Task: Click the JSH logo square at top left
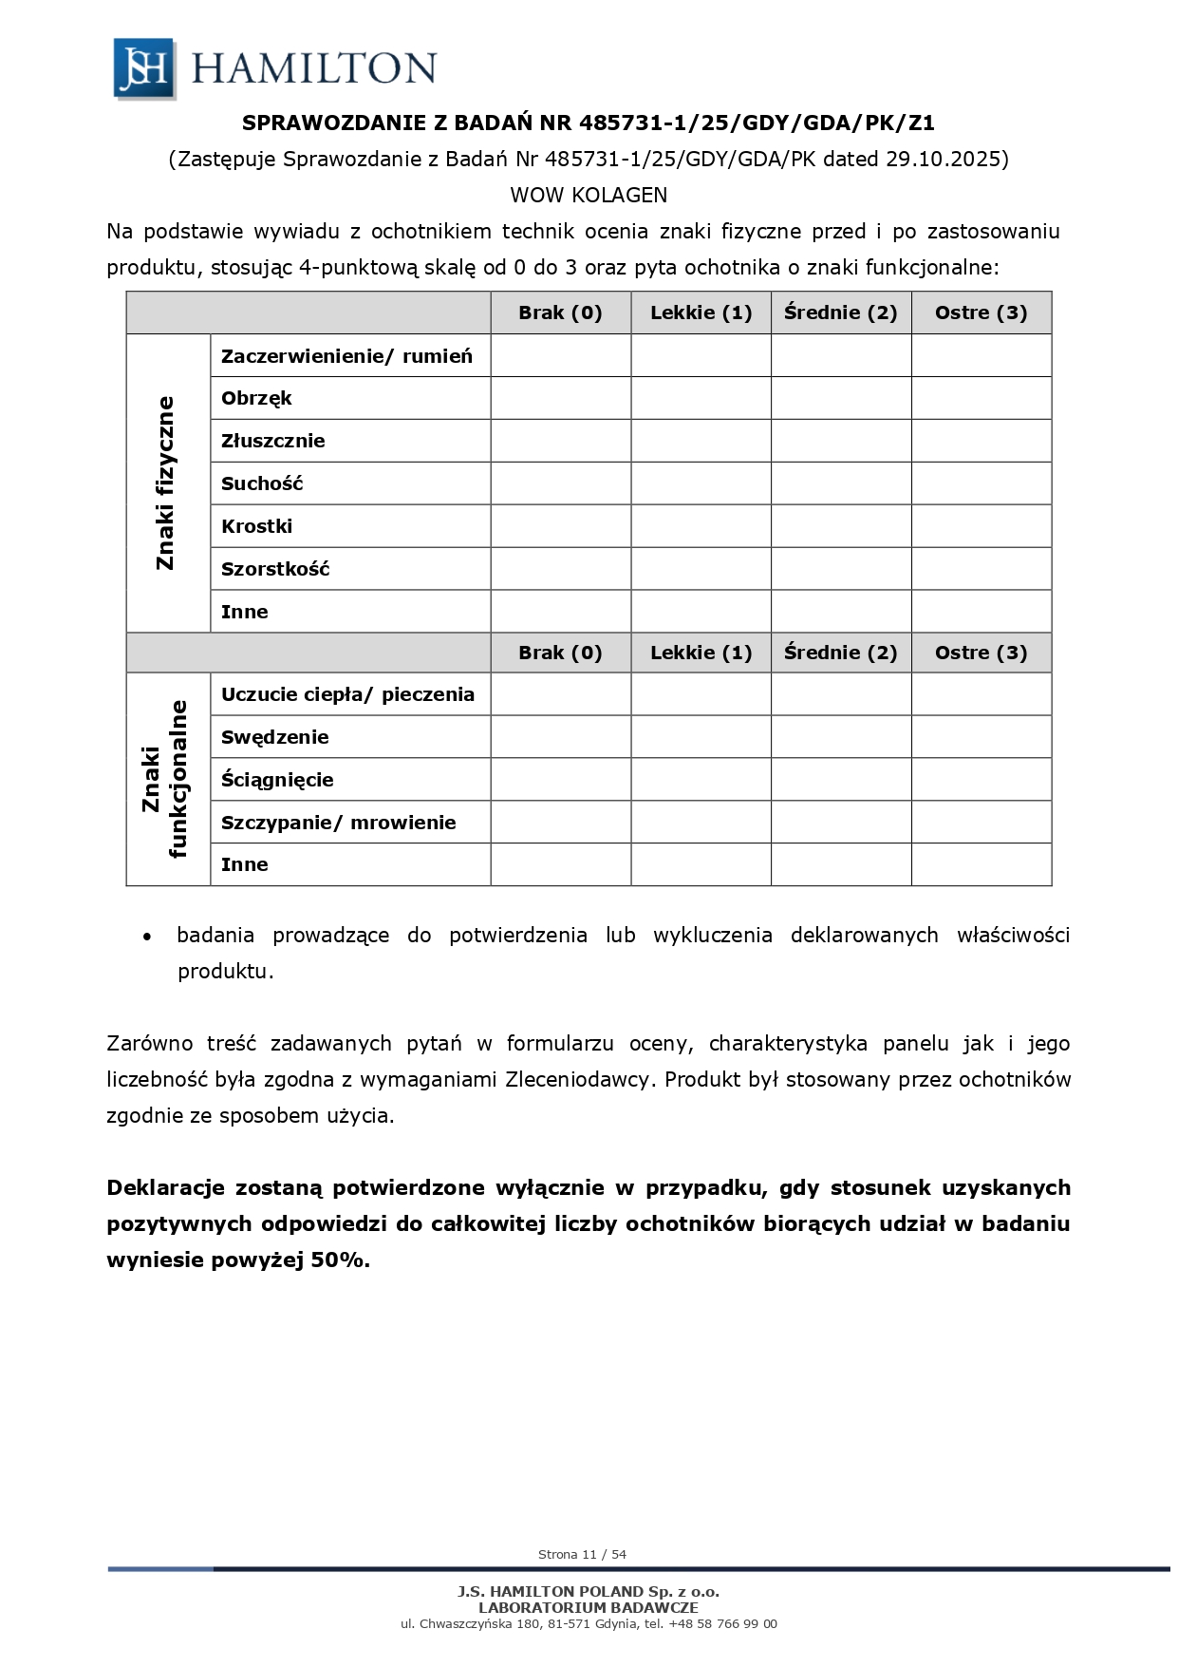point(144,67)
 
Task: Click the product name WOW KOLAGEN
point(589,196)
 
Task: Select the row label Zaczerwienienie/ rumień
point(346,356)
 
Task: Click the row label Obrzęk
point(256,399)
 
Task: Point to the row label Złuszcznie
point(273,441)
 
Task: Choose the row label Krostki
point(256,526)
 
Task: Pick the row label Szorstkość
point(275,569)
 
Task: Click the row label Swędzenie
point(275,737)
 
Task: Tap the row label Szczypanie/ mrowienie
point(339,823)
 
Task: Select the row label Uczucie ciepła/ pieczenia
point(347,694)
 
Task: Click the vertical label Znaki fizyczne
point(166,483)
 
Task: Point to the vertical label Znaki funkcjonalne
point(165,779)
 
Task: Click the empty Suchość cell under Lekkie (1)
point(701,483)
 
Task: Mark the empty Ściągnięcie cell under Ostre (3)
point(981,780)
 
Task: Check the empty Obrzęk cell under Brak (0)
point(560,399)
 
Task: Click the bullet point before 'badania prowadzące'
point(146,937)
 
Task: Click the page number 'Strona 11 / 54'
point(582,1554)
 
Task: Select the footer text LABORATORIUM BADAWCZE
point(589,1607)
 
